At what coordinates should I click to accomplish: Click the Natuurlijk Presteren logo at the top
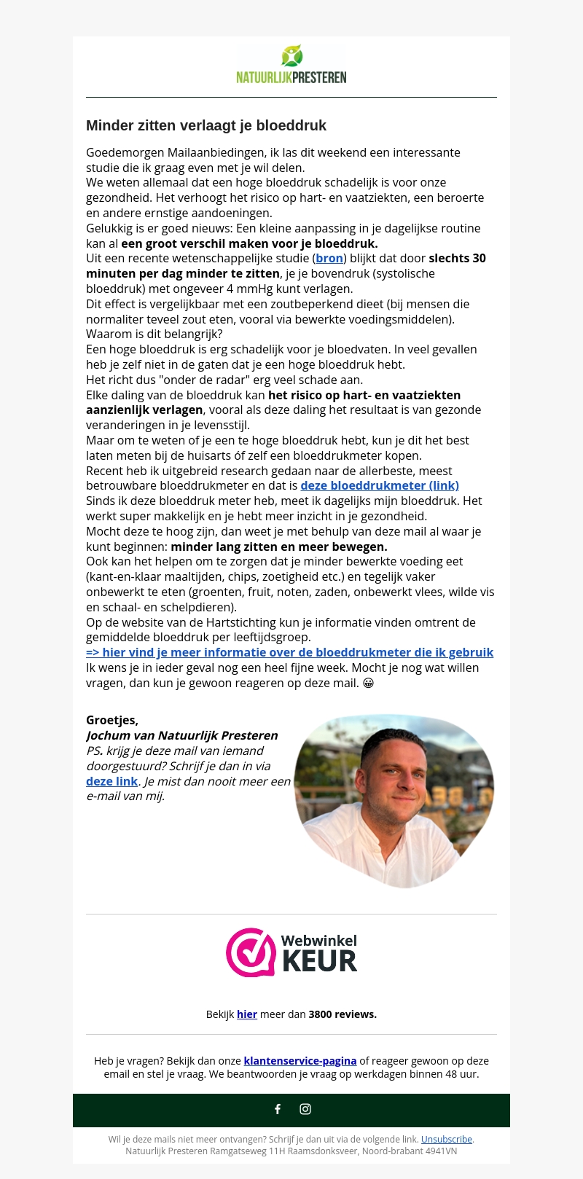point(291,65)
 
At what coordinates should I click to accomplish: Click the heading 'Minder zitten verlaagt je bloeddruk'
point(206,125)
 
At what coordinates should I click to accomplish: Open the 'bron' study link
point(329,258)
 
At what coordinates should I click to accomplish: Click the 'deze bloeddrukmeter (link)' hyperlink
point(380,485)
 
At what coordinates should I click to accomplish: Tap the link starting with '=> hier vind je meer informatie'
point(289,652)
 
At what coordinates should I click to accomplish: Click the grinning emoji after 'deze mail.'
point(368,683)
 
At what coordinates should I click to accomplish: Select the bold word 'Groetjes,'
point(112,720)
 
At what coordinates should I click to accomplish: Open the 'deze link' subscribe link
point(112,781)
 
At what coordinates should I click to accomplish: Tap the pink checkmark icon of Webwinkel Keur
point(250,952)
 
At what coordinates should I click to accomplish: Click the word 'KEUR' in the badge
point(319,961)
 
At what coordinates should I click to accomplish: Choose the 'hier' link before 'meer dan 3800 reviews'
point(247,1014)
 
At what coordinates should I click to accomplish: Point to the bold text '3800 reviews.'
point(343,1014)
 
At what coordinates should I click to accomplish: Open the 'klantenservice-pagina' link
point(300,1061)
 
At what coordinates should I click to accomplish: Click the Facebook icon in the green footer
point(278,1109)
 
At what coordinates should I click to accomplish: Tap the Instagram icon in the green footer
point(305,1109)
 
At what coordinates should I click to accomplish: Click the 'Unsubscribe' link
point(447,1140)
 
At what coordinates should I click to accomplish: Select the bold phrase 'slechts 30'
point(457,258)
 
